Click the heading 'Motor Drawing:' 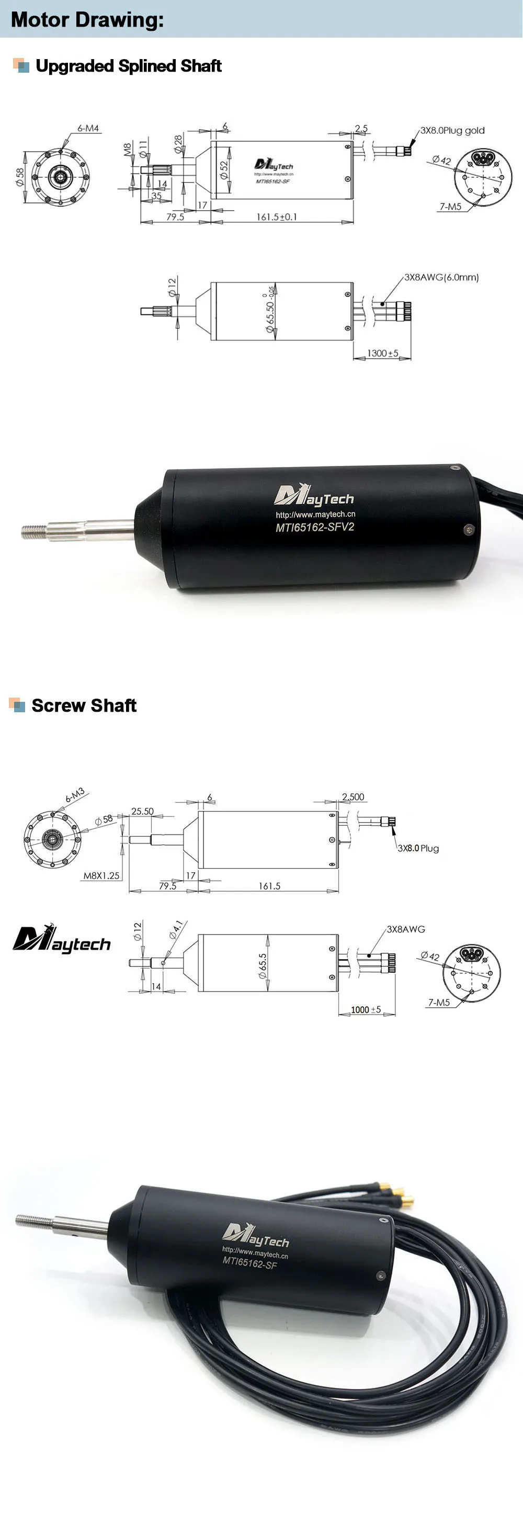click(87, 20)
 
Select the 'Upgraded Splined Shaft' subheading click(128, 66)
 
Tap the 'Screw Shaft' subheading click(84, 705)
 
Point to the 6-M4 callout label click(88, 128)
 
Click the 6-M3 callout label click(75, 795)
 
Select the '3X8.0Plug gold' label click(452, 131)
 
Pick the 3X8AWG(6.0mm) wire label click(441, 277)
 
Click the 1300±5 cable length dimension click(382, 354)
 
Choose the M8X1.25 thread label click(101, 875)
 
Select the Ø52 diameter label click(224, 170)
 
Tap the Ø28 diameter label click(178, 144)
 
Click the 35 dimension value click(156, 196)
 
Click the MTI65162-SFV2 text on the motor click(315, 527)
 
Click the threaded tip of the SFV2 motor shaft click(33, 531)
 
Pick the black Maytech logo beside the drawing click(62, 939)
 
